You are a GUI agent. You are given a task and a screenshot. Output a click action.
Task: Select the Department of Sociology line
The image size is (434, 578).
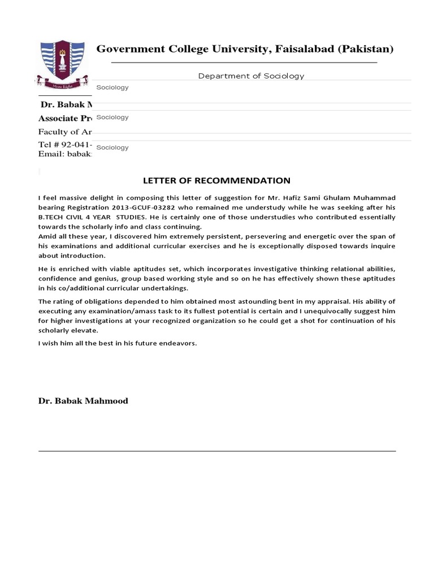click(251, 76)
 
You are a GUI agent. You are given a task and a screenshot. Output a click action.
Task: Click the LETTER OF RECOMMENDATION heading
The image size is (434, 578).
click(216, 181)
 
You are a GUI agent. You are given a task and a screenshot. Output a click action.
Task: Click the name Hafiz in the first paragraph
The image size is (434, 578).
click(303, 198)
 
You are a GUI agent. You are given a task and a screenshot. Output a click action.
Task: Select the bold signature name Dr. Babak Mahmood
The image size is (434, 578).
click(83, 401)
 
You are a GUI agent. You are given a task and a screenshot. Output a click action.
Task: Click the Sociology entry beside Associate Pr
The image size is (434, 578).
click(113, 117)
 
